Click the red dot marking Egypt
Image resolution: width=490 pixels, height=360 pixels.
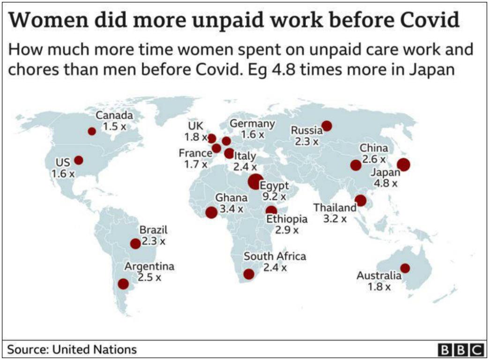(x=255, y=181)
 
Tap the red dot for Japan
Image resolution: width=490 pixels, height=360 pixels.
(x=403, y=165)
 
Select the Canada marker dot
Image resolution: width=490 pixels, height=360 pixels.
(x=92, y=131)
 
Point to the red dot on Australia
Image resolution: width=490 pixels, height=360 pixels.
(x=405, y=268)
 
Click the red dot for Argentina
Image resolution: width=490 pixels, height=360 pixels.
(x=124, y=284)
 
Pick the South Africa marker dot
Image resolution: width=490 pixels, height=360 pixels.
(x=249, y=274)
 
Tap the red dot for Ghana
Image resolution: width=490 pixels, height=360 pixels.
(x=212, y=212)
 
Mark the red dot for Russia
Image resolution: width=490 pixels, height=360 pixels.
(x=327, y=126)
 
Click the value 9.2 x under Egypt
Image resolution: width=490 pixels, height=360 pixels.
(x=274, y=196)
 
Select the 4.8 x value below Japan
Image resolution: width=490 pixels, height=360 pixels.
(x=386, y=183)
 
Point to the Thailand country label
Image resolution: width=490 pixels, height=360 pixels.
(x=334, y=207)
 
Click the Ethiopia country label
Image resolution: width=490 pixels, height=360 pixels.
(x=287, y=219)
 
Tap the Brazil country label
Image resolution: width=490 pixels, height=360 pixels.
(x=153, y=230)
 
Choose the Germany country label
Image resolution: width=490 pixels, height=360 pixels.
(x=252, y=124)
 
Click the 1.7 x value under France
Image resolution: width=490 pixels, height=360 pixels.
(x=196, y=164)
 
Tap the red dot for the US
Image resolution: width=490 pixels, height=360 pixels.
(x=78, y=160)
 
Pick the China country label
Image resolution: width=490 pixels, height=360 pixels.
(x=373, y=148)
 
